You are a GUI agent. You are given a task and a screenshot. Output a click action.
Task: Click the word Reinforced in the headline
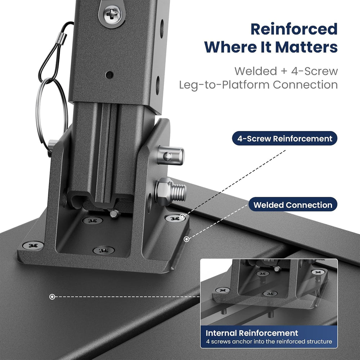[x=294, y=29]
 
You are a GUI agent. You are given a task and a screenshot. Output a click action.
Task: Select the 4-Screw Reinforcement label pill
[x=285, y=139]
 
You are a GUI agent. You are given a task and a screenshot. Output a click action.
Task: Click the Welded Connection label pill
[x=293, y=204]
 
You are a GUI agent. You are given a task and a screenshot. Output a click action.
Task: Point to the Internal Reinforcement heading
[x=252, y=333]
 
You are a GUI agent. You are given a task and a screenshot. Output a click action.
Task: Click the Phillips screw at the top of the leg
[x=112, y=14]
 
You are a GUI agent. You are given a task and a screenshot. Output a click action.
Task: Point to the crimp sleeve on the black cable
[x=61, y=39]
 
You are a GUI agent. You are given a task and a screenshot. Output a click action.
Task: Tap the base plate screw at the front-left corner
[x=33, y=246]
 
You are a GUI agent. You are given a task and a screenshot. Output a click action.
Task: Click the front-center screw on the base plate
[x=104, y=250]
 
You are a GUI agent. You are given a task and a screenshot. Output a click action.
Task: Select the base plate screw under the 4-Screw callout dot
[x=175, y=218]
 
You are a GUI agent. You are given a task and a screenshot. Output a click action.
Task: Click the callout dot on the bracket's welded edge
[x=186, y=239]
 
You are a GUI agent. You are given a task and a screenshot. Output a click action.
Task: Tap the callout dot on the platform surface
[x=52, y=297]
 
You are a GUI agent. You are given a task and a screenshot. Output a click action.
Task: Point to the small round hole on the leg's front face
[x=109, y=75]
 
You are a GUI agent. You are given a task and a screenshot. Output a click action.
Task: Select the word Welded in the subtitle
[x=256, y=71]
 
